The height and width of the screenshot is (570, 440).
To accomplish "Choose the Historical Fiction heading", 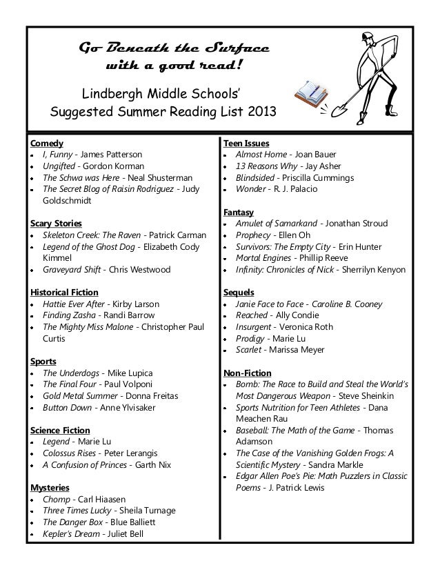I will (x=63, y=293).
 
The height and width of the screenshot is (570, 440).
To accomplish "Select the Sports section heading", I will (x=43, y=361).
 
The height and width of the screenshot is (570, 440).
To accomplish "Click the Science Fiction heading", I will (x=61, y=430).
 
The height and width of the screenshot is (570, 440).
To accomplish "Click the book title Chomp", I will (x=56, y=499).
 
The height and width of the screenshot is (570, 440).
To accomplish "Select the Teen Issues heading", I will (x=246, y=143).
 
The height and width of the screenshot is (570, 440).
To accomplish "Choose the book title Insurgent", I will (x=254, y=326).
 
